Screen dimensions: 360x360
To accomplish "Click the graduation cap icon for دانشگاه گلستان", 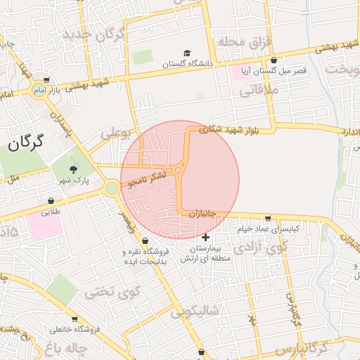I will (x=187, y=53).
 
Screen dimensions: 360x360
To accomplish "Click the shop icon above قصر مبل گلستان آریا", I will (x=274, y=60).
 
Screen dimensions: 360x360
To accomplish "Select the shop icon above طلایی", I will (x=51, y=201).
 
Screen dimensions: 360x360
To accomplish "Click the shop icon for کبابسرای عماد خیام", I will (x=267, y=218).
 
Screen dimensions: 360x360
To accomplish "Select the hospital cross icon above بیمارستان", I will (x=205, y=238).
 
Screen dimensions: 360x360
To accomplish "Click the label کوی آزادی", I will (x=261, y=247).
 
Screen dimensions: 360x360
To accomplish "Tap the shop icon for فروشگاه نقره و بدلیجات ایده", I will (x=144, y=241).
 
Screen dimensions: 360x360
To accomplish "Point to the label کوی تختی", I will (x=113, y=290).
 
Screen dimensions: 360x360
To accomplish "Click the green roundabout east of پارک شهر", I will (x=111, y=188).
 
